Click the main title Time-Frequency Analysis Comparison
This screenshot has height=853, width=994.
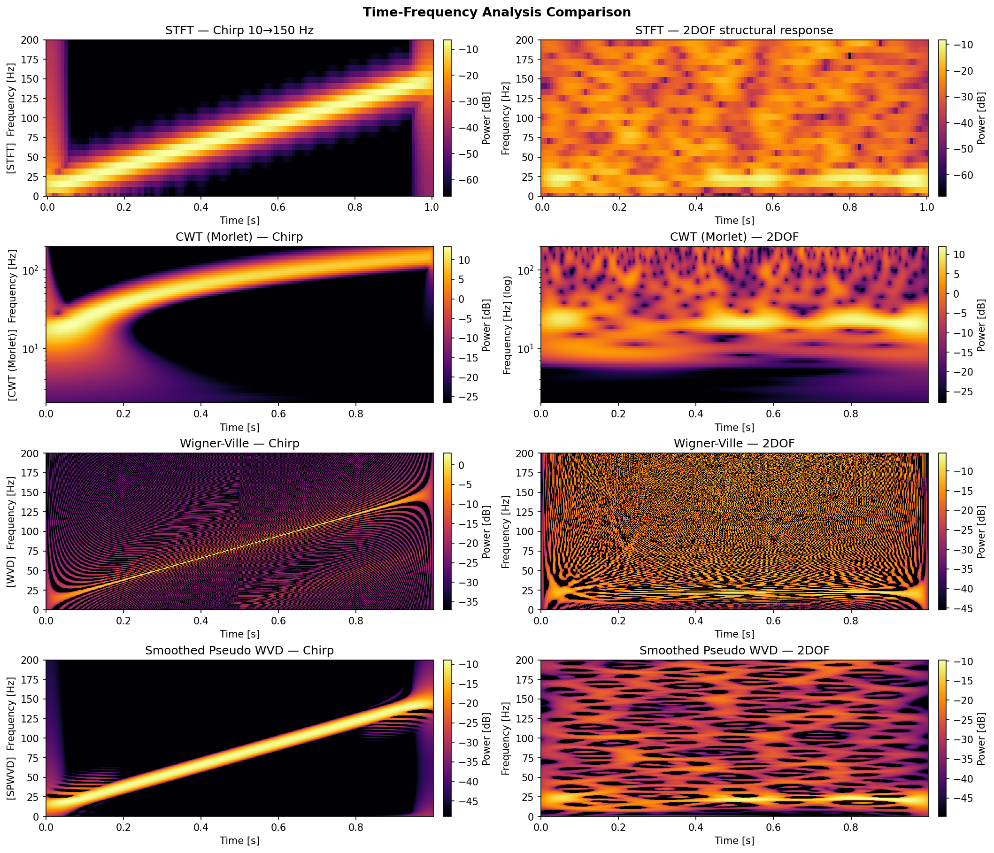(x=496, y=12)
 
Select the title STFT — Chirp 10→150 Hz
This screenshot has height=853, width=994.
(x=239, y=31)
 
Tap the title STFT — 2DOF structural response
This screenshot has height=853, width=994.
(x=734, y=31)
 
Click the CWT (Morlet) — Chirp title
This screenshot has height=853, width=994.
(x=239, y=237)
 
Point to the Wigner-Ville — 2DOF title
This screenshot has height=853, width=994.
(x=734, y=444)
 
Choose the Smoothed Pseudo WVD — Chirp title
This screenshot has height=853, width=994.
(x=239, y=651)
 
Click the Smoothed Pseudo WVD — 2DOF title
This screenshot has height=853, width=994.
(x=734, y=651)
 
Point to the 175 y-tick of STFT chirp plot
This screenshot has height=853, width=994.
(x=32, y=60)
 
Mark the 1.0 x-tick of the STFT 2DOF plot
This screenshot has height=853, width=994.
(x=927, y=207)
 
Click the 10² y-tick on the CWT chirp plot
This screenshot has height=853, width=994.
(x=32, y=270)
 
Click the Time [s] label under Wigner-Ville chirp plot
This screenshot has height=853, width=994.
(x=239, y=634)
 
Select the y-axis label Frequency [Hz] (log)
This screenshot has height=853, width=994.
(x=507, y=325)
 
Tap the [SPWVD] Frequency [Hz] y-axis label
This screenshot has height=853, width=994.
(x=12, y=738)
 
